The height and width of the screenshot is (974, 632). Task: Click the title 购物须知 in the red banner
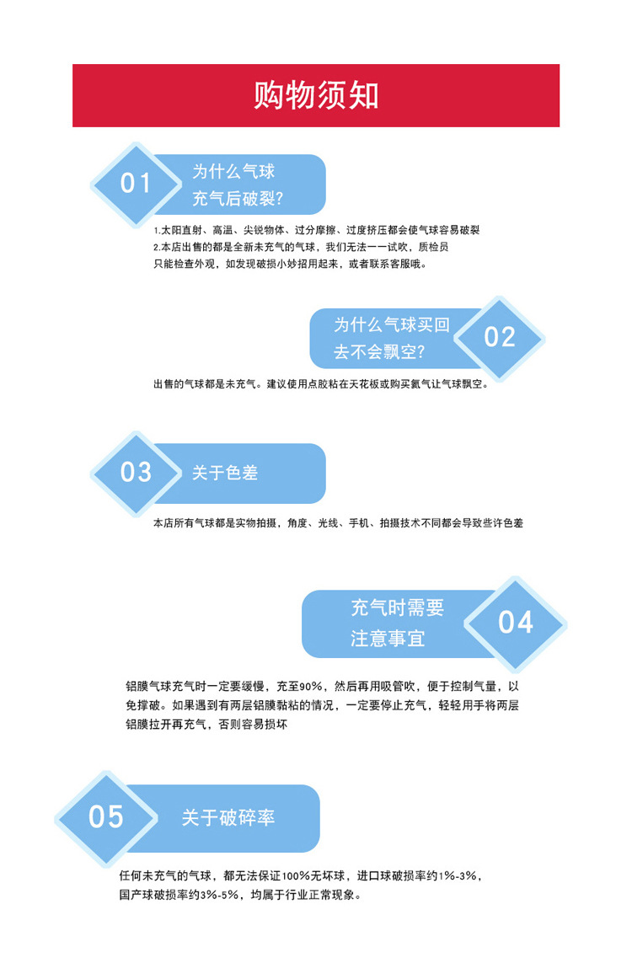(x=316, y=96)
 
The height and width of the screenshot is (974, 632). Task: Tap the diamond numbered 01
(x=135, y=184)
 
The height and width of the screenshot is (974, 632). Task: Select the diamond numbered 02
(x=500, y=337)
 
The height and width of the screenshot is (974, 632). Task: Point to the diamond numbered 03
(x=135, y=473)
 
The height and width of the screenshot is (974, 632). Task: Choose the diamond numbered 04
(x=515, y=623)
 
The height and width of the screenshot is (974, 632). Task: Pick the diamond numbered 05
(x=106, y=816)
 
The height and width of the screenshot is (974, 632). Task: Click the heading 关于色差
(x=225, y=473)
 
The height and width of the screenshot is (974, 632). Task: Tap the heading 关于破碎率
(x=228, y=817)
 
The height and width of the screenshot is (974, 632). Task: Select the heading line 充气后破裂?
(x=238, y=200)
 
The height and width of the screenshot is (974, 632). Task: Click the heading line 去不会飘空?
(x=379, y=352)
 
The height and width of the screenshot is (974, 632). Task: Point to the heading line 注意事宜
(x=388, y=639)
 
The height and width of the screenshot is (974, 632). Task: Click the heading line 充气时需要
(x=397, y=607)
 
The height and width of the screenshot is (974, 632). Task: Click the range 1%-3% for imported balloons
(x=460, y=876)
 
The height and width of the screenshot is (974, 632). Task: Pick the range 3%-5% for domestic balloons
(x=218, y=896)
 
